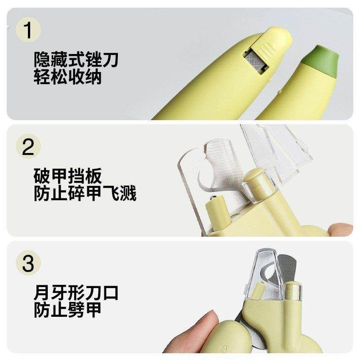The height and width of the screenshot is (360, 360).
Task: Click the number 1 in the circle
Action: pos(28,30)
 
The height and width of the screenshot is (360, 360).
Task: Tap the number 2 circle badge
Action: pos(28,147)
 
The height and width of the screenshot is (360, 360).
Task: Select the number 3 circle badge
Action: pos(28,263)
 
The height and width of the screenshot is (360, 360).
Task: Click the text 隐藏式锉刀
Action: pos(76,59)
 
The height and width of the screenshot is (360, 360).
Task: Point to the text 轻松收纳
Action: pos(67,77)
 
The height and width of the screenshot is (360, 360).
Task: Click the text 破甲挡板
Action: pos(67,176)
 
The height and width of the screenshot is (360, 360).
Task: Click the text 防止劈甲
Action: pos(67,310)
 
